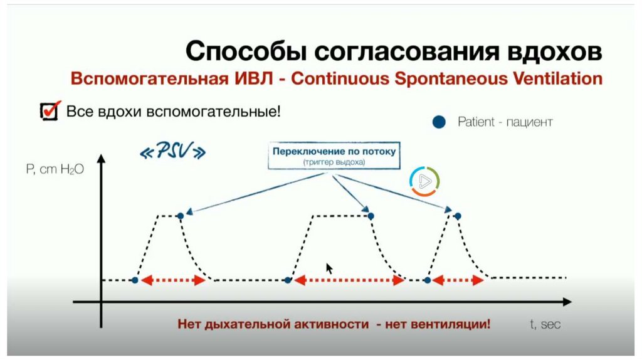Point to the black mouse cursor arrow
point(329,268)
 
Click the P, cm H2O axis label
point(55,169)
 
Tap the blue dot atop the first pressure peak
point(181,216)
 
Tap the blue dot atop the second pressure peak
point(371,216)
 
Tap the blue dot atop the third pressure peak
point(457,216)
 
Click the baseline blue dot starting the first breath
point(134,280)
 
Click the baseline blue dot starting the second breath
point(288,280)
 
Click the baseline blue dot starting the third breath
point(428,280)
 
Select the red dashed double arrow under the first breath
point(173,281)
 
